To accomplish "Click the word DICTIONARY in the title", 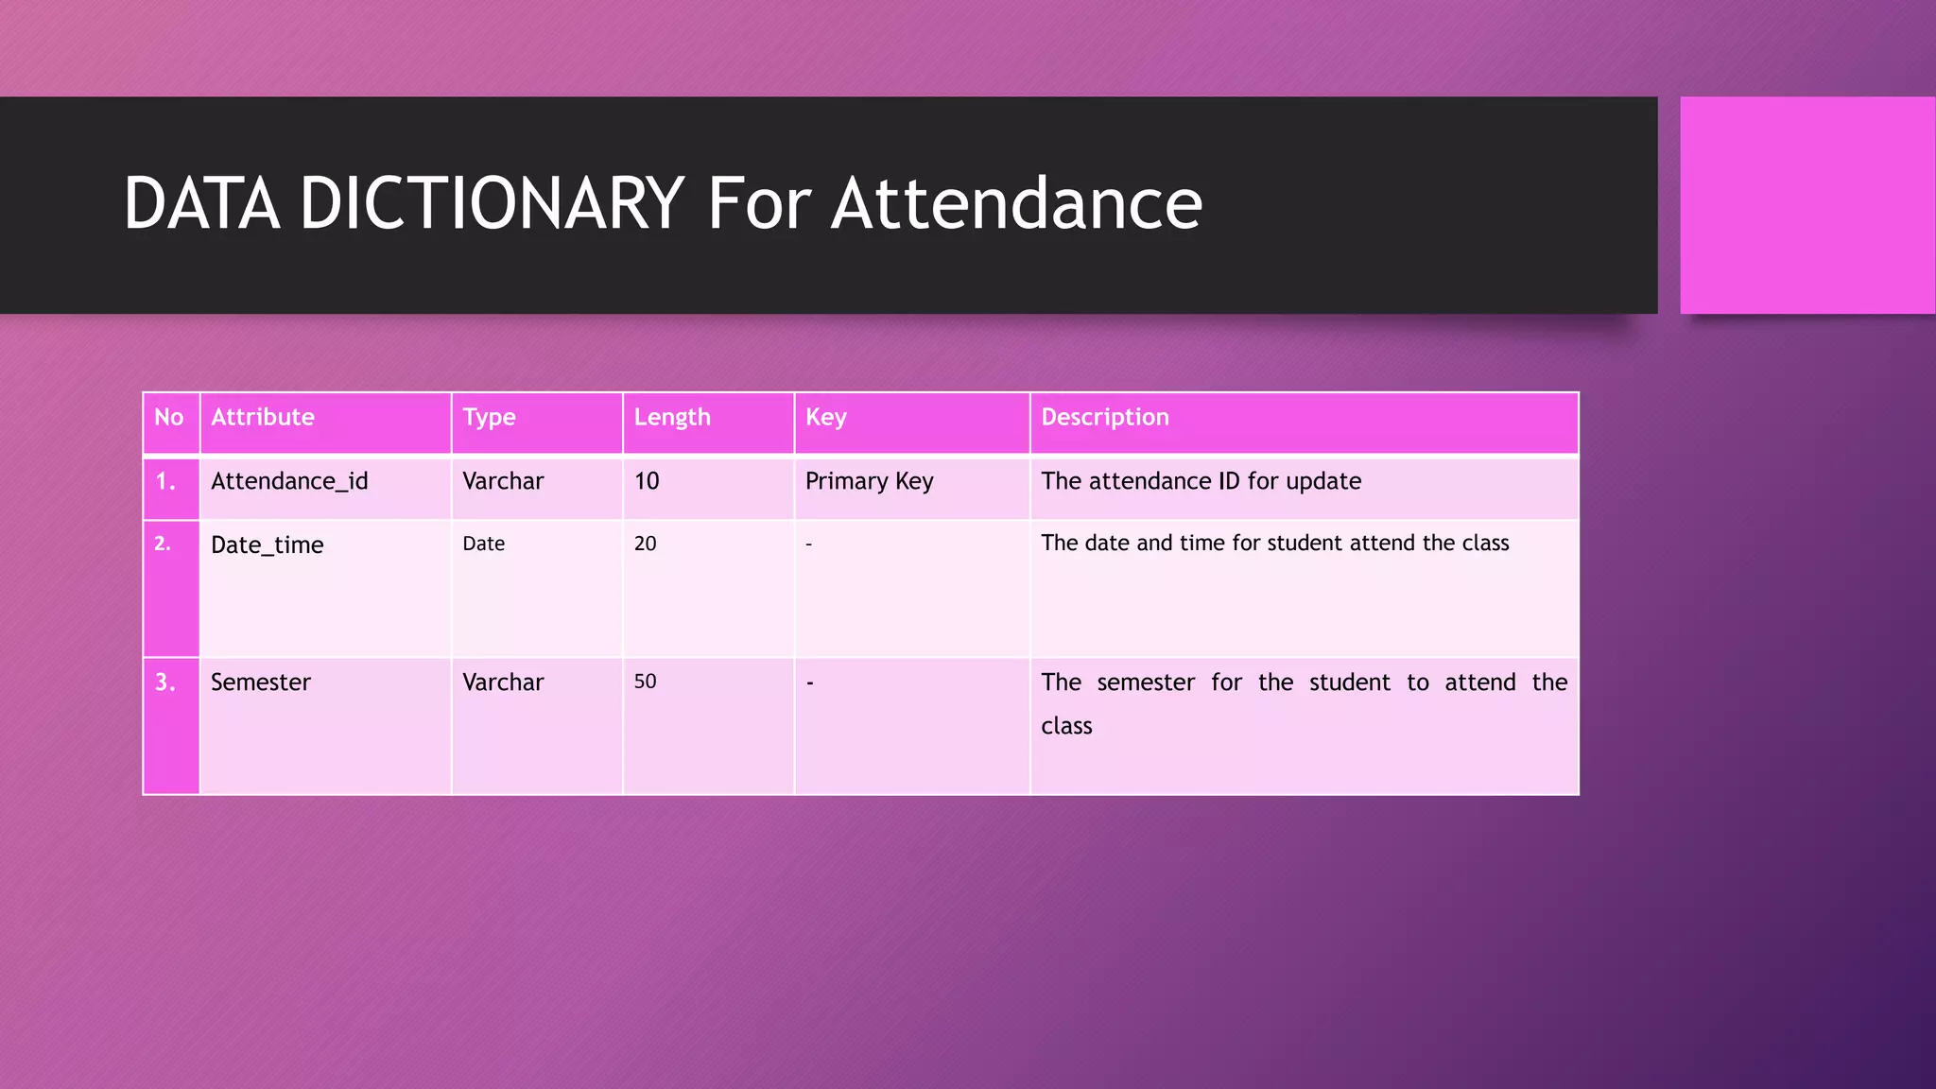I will pyautogui.click(x=492, y=203).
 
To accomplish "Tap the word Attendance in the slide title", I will pyautogui.click(x=1016, y=203).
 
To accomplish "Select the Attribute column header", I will pyautogui.click(x=263, y=417).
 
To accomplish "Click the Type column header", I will pyautogui.click(x=489, y=417).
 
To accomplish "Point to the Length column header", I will pyautogui.click(x=672, y=417).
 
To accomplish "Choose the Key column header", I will pyautogui.click(x=826, y=417).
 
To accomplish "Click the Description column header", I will pyautogui.click(x=1105, y=417).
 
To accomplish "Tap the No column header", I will pyautogui.click(x=169, y=417).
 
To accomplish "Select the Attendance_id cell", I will pyautogui.click(x=289, y=481).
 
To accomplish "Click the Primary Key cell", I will pyautogui.click(x=870, y=481).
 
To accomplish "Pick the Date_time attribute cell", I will pyautogui.click(x=268, y=545).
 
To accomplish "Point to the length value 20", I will pyautogui.click(x=646, y=544).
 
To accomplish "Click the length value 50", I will pyautogui.click(x=646, y=682).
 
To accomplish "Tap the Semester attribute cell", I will pyautogui.click(x=261, y=683).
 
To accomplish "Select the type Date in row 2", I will pyautogui.click(x=484, y=544).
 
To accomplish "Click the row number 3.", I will pyautogui.click(x=165, y=683).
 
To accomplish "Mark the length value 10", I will pyautogui.click(x=647, y=481).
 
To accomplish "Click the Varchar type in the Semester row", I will pyautogui.click(x=503, y=683).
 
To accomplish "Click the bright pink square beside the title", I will pyautogui.click(x=1806, y=205).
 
